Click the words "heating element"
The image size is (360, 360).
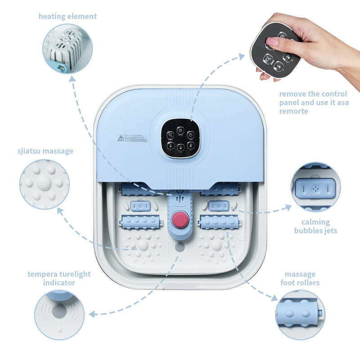click(67, 17)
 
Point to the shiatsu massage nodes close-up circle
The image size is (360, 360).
click(45, 184)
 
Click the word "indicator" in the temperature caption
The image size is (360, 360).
click(59, 283)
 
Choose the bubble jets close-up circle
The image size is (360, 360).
click(315, 187)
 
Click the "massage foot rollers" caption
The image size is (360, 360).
click(300, 279)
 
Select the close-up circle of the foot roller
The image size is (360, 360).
click(300, 315)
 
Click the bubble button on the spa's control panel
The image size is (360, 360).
click(170, 135)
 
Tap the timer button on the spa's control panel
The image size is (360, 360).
click(190, 135)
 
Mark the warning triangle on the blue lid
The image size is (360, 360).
click(121, 138)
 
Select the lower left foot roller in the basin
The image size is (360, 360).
click(140, 222)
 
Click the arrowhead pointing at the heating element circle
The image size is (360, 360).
click(71, 79)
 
